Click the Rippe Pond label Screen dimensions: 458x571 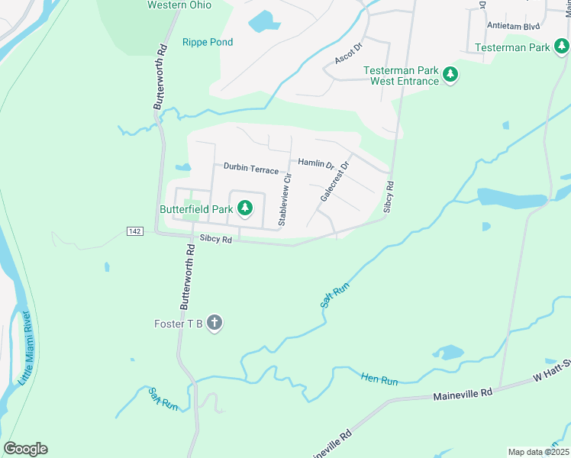click(208, 42)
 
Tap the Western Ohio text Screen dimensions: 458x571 click(179, 5)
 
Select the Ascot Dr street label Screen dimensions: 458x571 click(347, 53)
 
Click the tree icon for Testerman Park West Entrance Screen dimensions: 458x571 click(450, 75)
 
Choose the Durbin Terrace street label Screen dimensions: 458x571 click(251, 169)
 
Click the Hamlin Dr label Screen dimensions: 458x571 click(316, 163)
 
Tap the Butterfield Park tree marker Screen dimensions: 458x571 click(244, 208)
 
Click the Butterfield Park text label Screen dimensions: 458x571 click(195, 208)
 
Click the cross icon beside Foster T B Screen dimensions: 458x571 click(215, 324)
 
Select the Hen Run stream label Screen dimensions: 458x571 click(379, 378)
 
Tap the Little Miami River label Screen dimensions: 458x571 click(25, 347)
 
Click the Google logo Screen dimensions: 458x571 click(25, 449)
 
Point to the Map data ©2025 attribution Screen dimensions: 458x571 click(538, 452)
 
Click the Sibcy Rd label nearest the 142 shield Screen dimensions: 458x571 click(215, 239)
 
